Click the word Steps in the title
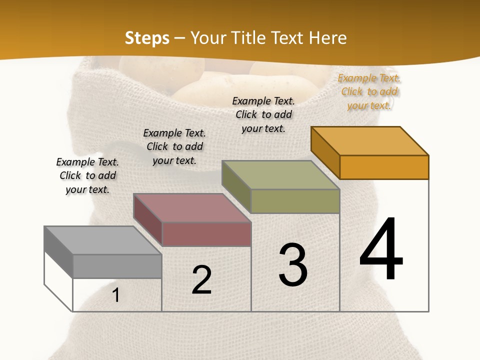(146, 38)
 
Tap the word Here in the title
(327, 38)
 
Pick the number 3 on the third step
(293, 265)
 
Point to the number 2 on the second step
(202, 280)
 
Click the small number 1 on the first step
(116, 295)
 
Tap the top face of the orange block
(370, 141)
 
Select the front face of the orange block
(384, 167)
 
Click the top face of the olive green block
(281, 175)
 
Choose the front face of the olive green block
(295, 201)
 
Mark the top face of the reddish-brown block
(192, 208)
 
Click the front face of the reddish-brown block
(206, 234)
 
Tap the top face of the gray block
(103, 240)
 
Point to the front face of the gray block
(117, 266)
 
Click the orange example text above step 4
(369, 91)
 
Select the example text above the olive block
(263, 114)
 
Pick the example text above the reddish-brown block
(174, 146)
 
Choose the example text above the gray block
(87, 175)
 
